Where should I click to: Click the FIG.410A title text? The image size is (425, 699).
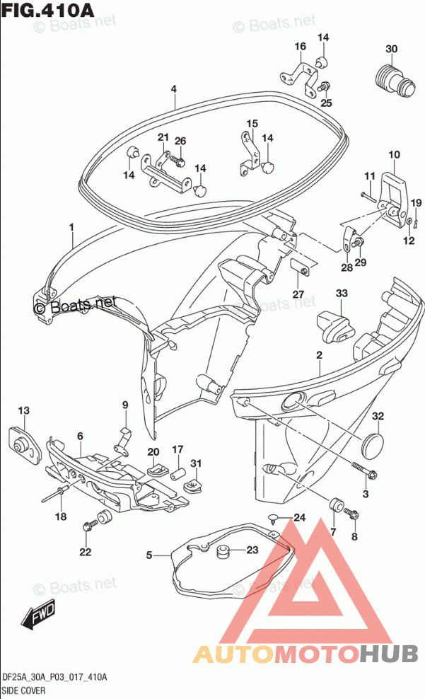point(47,10)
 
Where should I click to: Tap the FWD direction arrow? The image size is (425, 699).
point(39,616)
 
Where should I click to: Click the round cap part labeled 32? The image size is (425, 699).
point(373,444)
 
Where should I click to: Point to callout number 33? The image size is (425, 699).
point(342,294)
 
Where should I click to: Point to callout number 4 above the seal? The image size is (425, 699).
point(174,89)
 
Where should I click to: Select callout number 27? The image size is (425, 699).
point(298,294)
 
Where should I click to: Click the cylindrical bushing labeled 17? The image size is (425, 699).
point(178,473)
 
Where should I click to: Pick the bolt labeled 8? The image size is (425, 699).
point(351,515)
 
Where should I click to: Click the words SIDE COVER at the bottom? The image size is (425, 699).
point(23,691)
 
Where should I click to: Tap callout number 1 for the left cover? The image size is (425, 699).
point(71,227)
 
